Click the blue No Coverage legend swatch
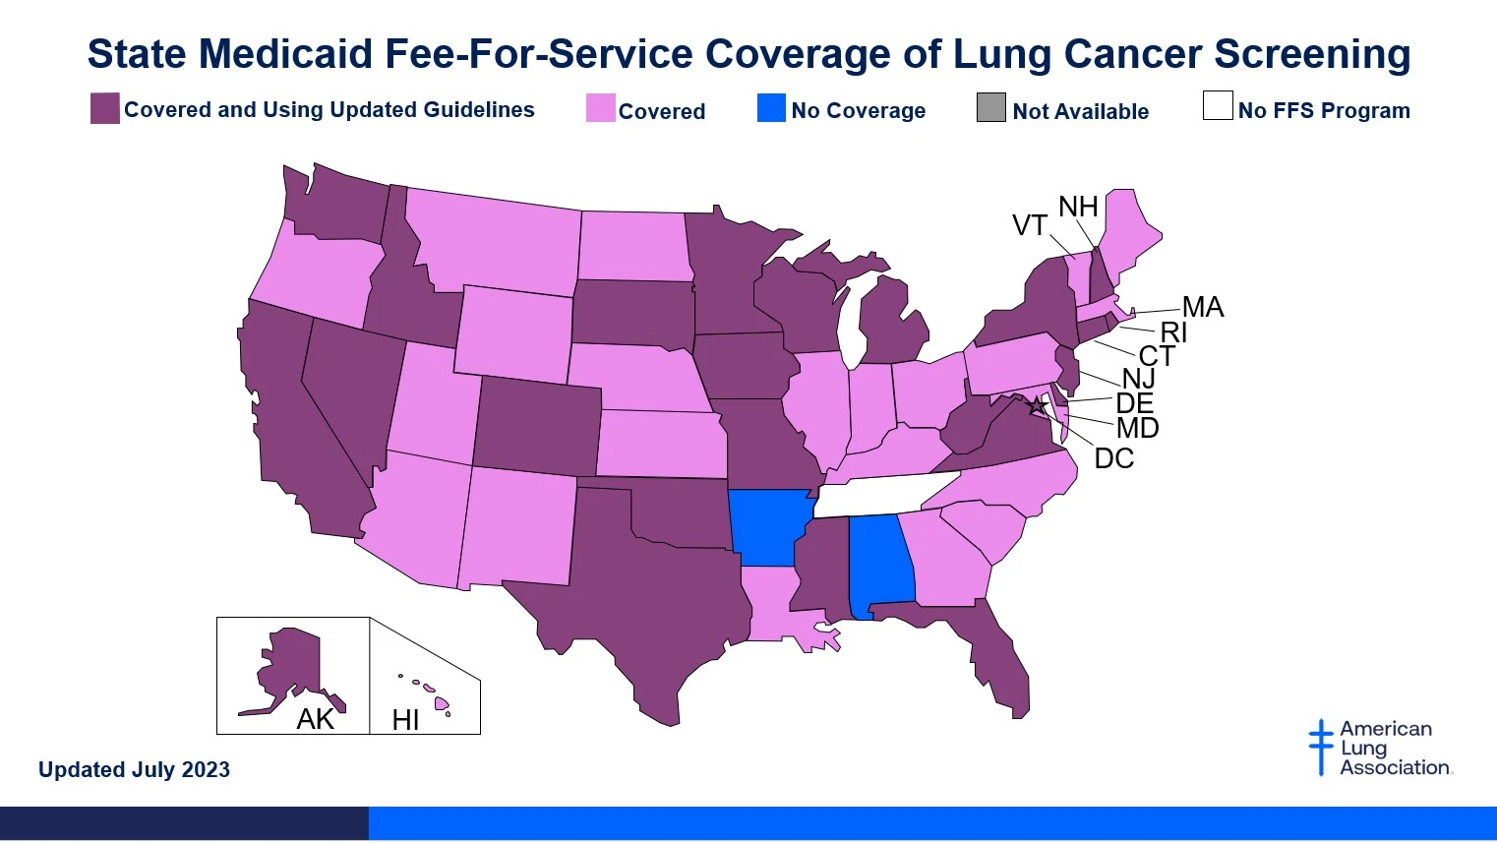[771, 108]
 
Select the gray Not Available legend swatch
[990, 108]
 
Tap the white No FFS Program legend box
[1217, 105]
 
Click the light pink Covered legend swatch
[600, 108]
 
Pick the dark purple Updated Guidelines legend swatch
[104, 108]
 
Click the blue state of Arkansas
[769, 527]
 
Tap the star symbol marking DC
[1036, 405]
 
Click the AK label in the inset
[315, 719]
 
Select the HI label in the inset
[405, 720]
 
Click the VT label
[1029, 225]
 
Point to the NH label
[1078, 207]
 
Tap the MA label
[1202, 307]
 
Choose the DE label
[1134, 403]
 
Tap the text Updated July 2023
[134, 769]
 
